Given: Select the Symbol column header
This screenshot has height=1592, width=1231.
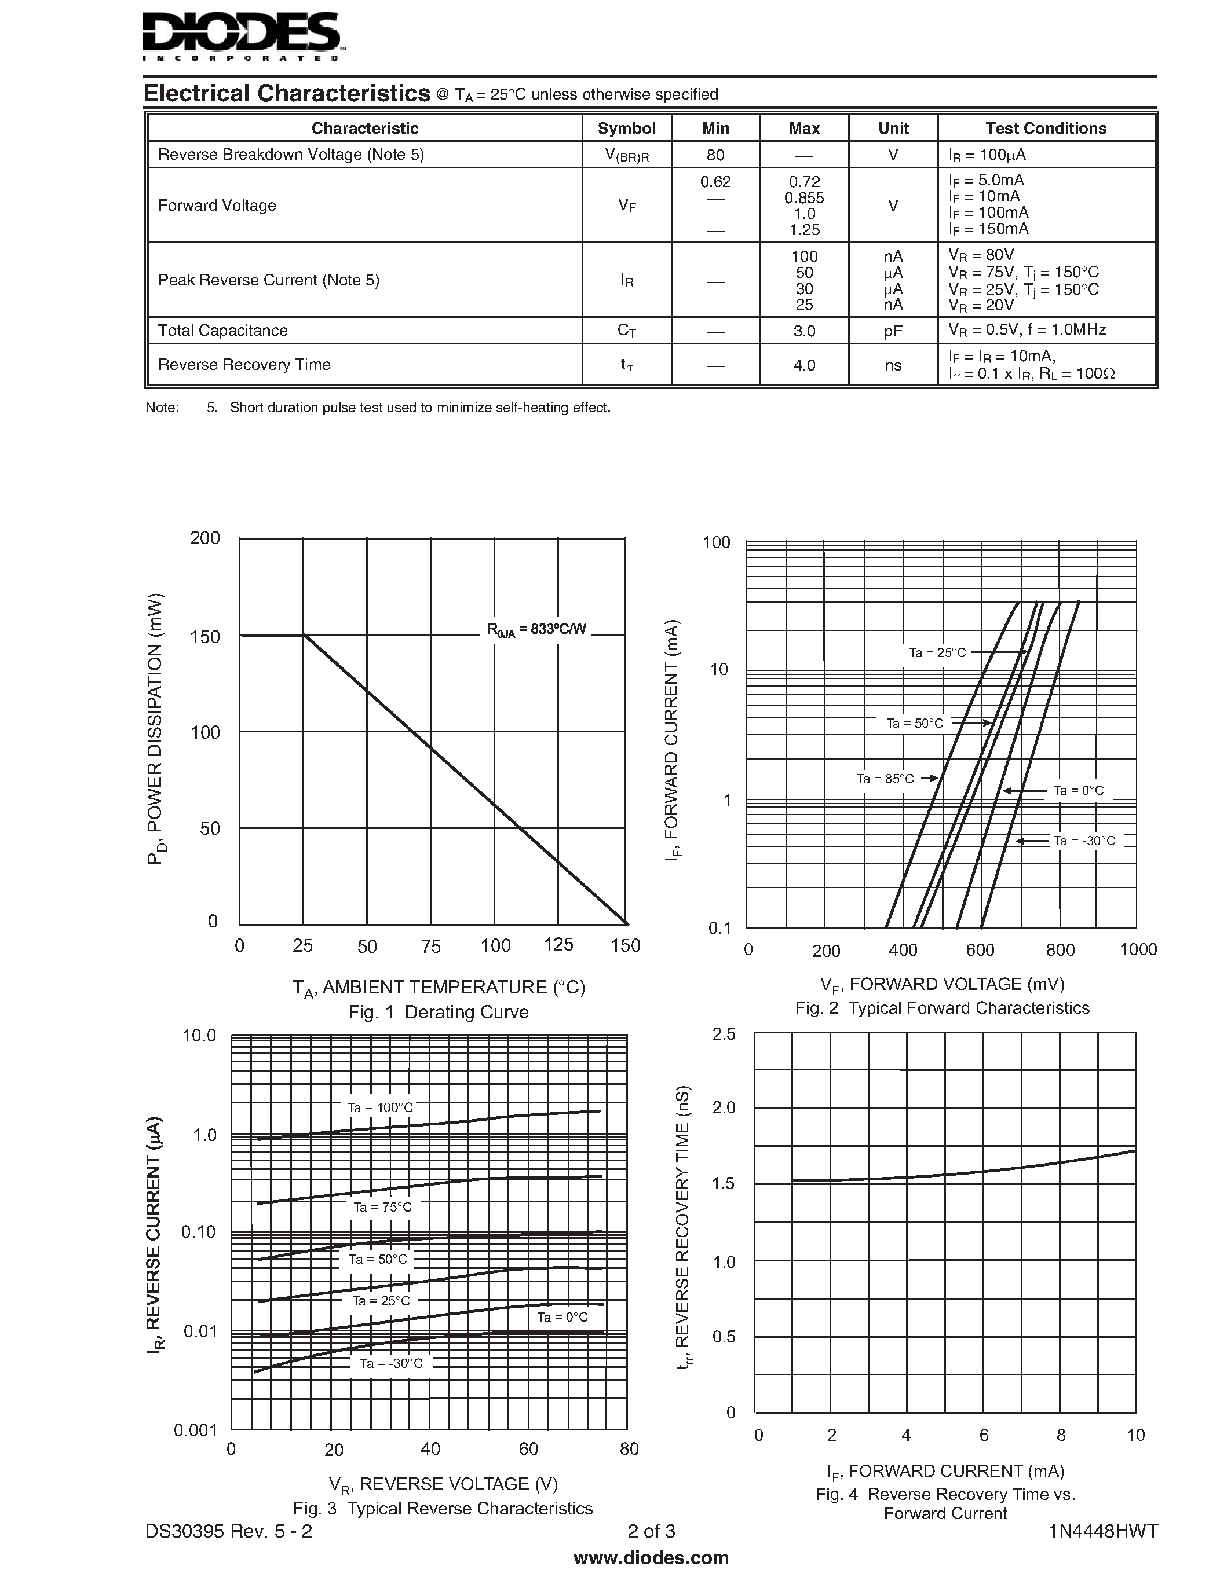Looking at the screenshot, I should click(x=626, y=129).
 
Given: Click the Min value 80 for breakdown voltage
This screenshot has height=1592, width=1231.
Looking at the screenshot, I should click(x=715, y=155).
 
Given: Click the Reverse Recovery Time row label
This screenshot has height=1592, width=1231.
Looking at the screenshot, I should click(x=244, y=365).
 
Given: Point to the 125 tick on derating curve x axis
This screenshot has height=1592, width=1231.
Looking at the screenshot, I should click(x=558, y=945).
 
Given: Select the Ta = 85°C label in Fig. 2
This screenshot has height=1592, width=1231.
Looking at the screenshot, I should click(x=885, y=779).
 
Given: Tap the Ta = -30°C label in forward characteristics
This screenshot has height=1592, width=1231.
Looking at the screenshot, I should click(x=1084, y=841).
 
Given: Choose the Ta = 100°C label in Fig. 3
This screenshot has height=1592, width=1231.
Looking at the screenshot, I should click(x=380, y=1107).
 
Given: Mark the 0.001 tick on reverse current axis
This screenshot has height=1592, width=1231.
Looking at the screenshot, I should click(x=195, y=1429).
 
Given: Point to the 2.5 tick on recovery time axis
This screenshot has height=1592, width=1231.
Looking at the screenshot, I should click(x=724, y=1033).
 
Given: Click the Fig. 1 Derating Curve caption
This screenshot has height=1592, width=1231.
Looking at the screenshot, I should click(x=439, y=1012).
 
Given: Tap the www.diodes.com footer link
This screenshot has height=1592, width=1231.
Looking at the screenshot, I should click(x=651, y=1558).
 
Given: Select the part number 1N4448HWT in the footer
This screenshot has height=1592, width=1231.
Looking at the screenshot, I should click(x=1102, y=1531).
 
